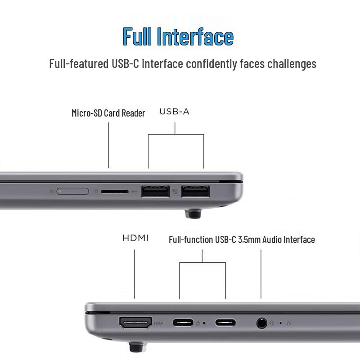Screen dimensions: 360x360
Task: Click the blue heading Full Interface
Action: (x=178, y=36)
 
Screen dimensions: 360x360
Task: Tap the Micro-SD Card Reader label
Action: (x=108, y=113)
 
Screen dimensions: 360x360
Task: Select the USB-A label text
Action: (x=174, y=112)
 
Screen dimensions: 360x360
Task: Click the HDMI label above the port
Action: (x=135, y=238)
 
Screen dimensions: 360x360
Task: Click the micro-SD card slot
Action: (x=113, y=192)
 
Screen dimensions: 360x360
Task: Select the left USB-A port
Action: (x=155, y=192)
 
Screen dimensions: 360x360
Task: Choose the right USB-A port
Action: (x=196, y=192)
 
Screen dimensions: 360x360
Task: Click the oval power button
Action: (x=73, y=192)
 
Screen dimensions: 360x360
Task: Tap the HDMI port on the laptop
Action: (x=135, y=322)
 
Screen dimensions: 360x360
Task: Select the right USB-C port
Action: (x=225, y=322)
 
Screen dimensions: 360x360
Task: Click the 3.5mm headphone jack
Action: (x=261, y=323)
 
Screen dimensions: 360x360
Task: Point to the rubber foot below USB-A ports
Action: (x=193, y=213)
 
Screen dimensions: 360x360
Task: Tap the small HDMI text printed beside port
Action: (x=158, y=323)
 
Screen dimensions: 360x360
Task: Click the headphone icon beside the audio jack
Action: (x=272, y=323)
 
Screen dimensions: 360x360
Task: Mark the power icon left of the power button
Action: (x=52, y=192)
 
